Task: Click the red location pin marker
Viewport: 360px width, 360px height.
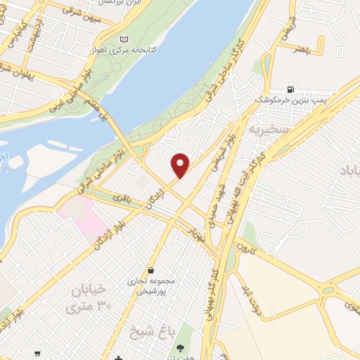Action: pos(181,165)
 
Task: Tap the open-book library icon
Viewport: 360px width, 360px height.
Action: pos(125,39)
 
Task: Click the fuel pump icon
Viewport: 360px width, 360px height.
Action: pos(290,91)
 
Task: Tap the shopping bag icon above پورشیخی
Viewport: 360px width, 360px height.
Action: pos(151,270)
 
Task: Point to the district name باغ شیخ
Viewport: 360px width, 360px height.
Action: pos(152,330)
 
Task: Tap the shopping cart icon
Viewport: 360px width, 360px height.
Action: pos(37,354)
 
